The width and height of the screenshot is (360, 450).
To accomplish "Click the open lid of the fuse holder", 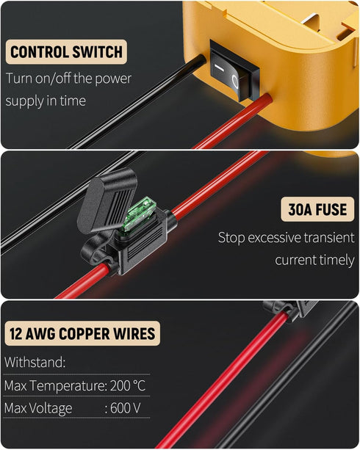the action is [107, 200].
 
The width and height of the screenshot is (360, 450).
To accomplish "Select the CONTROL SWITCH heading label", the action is [66, 52].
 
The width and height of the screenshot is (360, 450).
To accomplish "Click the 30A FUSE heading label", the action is [317, 209].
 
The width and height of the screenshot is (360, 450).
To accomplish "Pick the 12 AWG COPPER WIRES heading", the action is [82, 333].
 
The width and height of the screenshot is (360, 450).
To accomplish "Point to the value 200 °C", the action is [128, 385].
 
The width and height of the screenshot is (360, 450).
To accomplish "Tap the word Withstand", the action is [35, 362].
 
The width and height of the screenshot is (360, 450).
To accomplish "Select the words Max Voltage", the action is [38, 408].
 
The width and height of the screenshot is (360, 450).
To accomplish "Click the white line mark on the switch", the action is [219, 68].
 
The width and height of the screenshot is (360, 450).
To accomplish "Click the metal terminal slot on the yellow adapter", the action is [312, 19].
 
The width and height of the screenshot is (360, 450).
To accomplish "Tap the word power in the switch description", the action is [113, 79].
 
